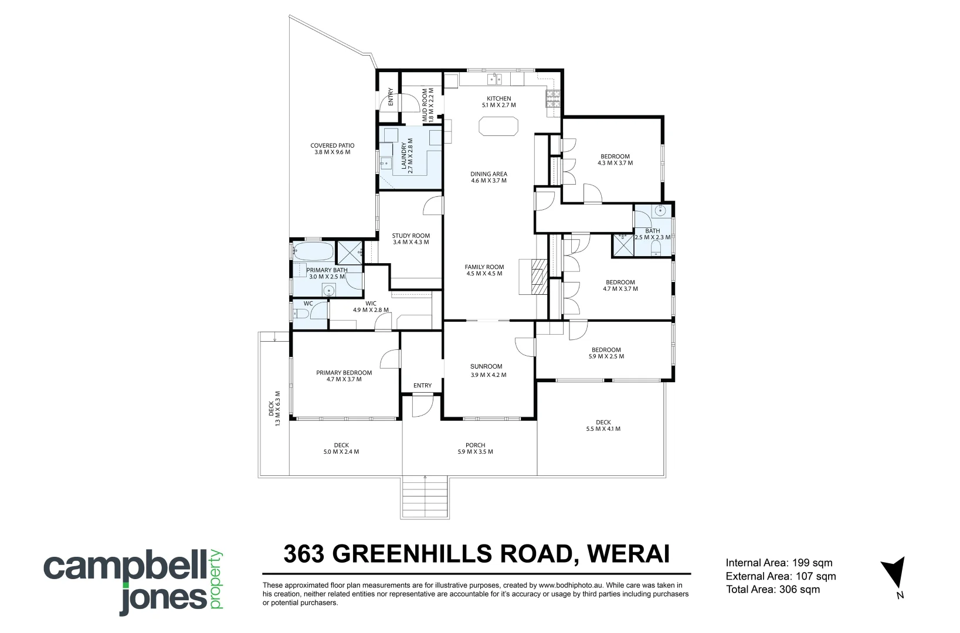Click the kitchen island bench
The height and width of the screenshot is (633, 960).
(498, 126)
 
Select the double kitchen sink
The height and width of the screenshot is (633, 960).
(494, 79)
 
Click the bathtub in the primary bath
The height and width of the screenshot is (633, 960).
(313, 251)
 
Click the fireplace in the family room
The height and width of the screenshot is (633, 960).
(534, 277)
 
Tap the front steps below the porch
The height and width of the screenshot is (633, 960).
(425, 498)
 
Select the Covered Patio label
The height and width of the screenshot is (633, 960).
(333, 149)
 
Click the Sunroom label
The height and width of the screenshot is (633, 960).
(486, 366)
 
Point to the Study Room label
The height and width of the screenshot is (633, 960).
(411, 239)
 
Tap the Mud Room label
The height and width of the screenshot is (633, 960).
(428, 105)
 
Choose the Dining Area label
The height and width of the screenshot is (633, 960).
(489, 177)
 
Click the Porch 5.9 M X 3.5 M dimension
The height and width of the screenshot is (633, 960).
(475, 451)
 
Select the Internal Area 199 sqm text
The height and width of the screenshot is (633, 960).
(779, 563)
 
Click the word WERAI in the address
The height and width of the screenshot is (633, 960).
(628, 554)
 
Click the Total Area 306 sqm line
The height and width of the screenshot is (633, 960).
(773, 589)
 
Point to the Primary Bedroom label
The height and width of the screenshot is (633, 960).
(344, 376)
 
